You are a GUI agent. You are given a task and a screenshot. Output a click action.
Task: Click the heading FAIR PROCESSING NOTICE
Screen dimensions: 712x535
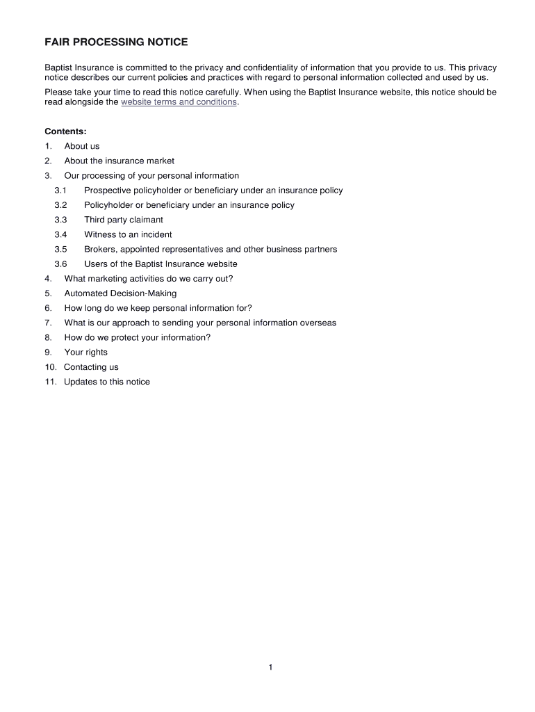click(116, 42)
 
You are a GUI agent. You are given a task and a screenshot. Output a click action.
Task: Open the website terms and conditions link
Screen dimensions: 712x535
click(179, 102)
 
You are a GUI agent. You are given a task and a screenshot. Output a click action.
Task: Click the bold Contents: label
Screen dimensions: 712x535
click(65, 131)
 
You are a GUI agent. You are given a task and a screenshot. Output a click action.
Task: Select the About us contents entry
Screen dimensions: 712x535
click(82, 146)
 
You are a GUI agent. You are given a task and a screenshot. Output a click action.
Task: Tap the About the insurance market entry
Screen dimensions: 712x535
click(119, 161)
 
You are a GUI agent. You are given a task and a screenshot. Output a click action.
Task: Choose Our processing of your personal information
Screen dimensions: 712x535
click(151, 176)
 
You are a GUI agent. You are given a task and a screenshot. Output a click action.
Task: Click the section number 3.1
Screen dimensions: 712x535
click(60, 191)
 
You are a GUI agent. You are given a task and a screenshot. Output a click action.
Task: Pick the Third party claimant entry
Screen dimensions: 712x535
click(124, 220)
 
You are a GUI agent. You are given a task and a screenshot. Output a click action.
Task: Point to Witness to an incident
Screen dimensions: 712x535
click(128, 234)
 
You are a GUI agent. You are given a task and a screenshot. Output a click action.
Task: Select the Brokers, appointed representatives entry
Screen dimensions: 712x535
click(211, 249)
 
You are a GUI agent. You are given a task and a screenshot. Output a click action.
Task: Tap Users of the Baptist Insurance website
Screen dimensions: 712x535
click(160, 264)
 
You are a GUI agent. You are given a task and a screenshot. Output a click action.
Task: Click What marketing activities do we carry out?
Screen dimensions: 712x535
click(149, 279)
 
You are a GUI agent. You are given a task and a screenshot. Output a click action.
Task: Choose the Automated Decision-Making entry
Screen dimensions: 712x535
click(120, 293)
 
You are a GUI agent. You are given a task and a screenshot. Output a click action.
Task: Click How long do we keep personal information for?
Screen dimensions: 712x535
click(158, 308)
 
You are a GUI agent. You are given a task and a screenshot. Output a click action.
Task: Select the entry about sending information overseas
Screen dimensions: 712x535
click(200, 323)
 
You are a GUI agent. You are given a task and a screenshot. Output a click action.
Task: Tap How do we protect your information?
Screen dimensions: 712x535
click(137, 337)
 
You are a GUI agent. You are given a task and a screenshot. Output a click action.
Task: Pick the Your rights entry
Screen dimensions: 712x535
click(86, 352)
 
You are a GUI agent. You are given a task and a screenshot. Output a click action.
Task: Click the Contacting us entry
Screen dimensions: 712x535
click(91, 367)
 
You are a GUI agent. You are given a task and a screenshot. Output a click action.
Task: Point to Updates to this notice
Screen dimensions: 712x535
click(106, 382)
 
